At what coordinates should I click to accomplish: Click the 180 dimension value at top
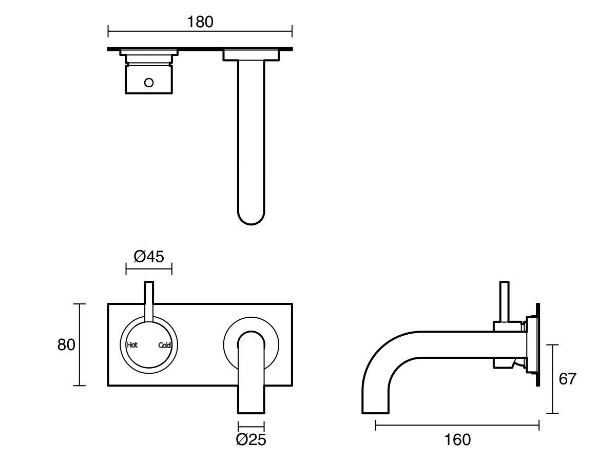click(200, 22)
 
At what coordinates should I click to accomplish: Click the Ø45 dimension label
click(149, 256)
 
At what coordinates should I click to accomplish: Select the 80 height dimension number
click(66, 344)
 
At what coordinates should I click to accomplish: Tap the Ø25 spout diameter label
click(251, 439)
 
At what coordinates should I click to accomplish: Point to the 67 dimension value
click(567, 379)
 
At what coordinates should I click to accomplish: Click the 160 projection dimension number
click(458, 439)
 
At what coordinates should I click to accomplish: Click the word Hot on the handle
click(132, 345)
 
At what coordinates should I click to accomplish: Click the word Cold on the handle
click(165, 345)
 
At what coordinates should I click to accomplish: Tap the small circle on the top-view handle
click(149, 82)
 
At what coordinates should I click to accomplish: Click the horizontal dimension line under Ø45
click(149, 268)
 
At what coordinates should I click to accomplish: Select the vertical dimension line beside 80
click(79, 344)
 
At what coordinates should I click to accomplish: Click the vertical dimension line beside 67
click(553, 379)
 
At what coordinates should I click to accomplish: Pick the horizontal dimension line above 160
click(457, 425)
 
